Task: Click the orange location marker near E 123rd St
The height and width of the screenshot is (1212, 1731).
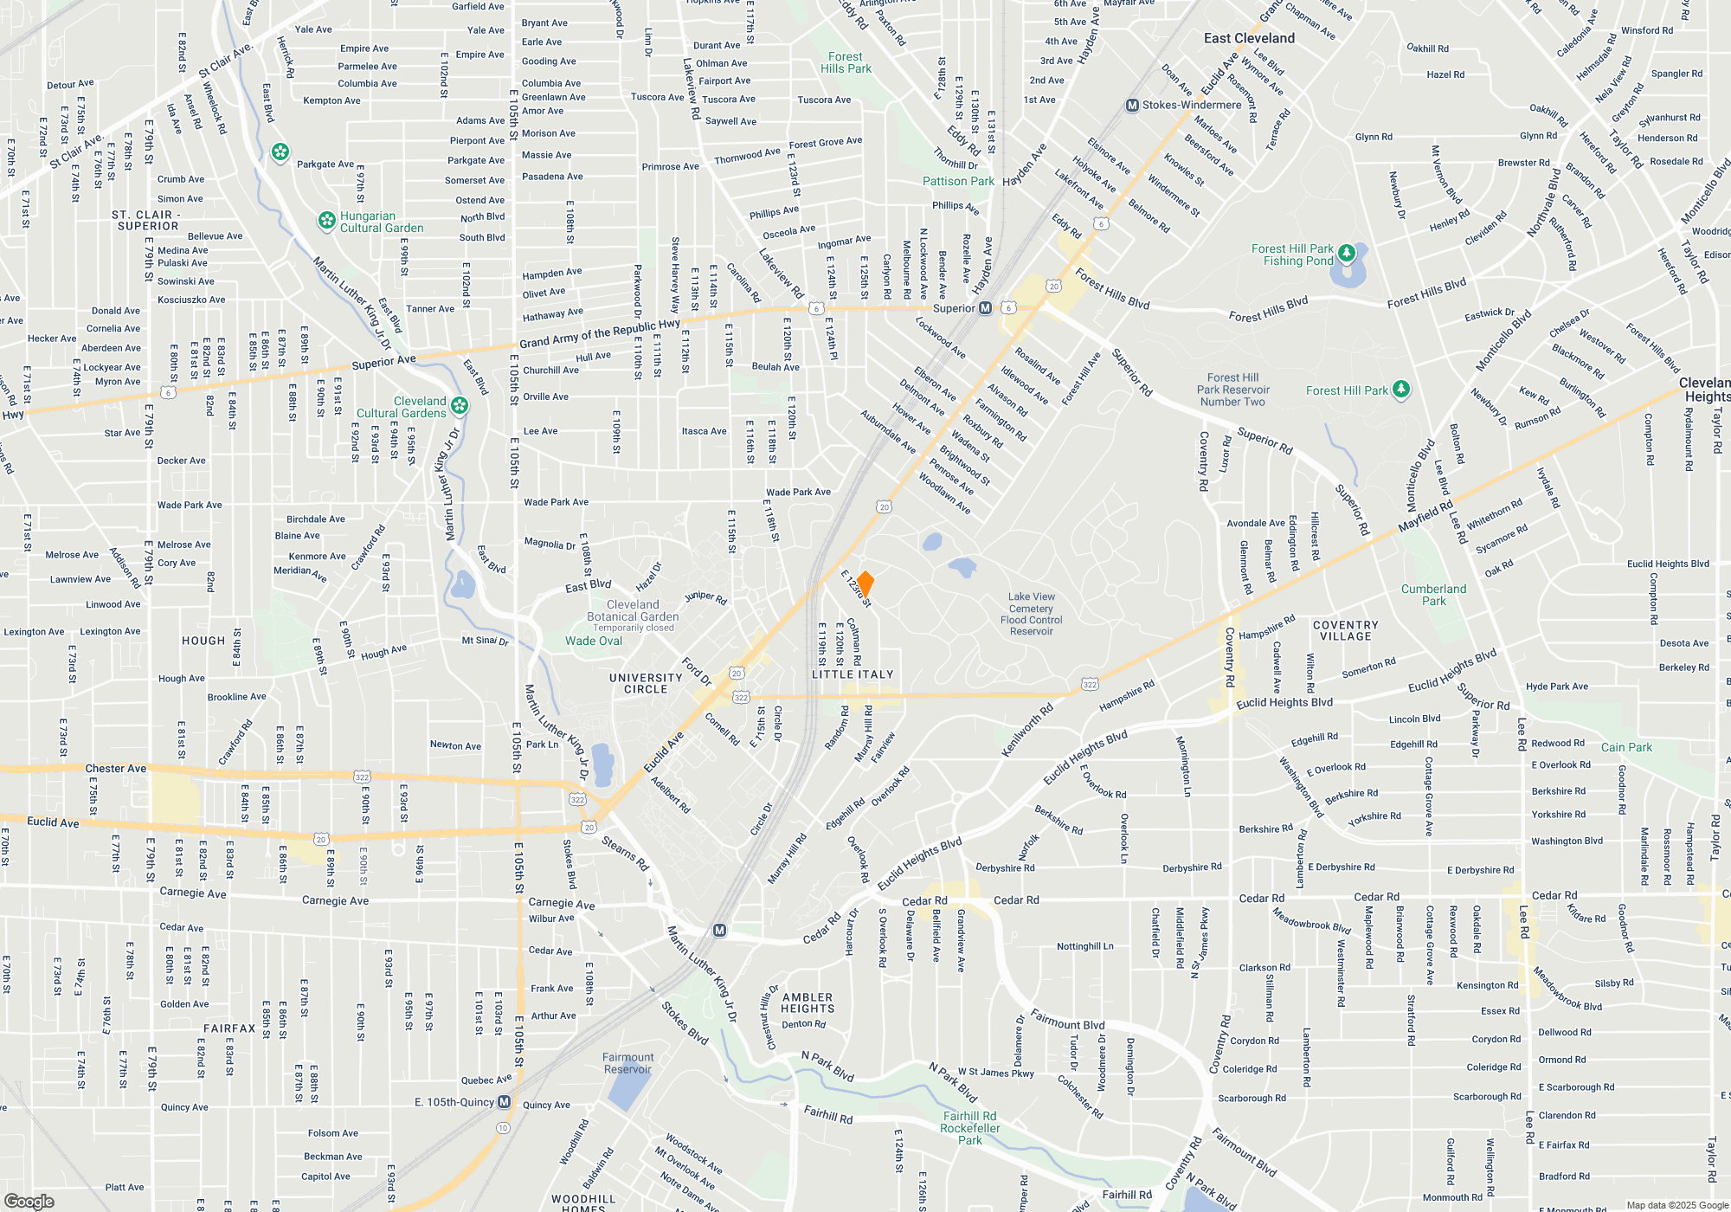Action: pyautogui.click(x=865, y=583)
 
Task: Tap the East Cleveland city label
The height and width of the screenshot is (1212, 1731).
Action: pyautogui.click(x=1249, y=38)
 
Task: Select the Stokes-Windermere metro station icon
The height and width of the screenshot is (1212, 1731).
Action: pyautogui.click(x=1132, y=106)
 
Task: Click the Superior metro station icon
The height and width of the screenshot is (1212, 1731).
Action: pyautogui.click(x=985, y=308)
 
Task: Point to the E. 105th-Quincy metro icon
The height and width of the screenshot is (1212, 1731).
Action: pyautogui.click(x=505, y=1102)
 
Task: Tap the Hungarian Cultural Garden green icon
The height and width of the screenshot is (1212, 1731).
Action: pyautogui.click(x=327, y=221)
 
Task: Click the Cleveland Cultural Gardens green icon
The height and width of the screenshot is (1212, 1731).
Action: pyautogui.click(x=460, y=405)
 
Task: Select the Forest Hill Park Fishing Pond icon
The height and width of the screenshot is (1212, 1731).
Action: pyautogui.click(x=1347, y=253)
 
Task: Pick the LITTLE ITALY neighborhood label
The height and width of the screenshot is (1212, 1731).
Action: pyautogui.click(x=853, y=674)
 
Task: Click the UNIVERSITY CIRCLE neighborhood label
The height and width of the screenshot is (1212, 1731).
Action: pyautogui.click(x=646, y=684)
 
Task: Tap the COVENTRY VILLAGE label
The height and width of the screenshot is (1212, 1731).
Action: pyautogui.click(x=1345, y=630)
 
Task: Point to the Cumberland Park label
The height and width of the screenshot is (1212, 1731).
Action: pyautogui.click(x=1433, y=595)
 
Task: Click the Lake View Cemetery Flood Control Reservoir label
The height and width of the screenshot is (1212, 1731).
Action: pyautogui.click(x=1031, y=614)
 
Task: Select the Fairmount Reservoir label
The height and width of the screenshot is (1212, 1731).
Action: pyautogui.click(x=628, y=1063)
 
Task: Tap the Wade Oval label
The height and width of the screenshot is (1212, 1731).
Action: pyautogui.click(x=594, y=641)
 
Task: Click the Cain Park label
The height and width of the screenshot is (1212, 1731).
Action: pyautogui.click(x=1626, y=747)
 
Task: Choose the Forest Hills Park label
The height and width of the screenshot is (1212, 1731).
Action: pyautogui.click(x=846, y=62)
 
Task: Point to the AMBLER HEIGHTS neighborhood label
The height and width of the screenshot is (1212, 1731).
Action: pyautogui.click(x=808, y=1002)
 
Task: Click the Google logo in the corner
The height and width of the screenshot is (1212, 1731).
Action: pyautogui.click(x=29, y=1201)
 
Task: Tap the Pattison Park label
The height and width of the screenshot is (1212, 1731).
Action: pyautogui.click(x=958, y=181)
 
